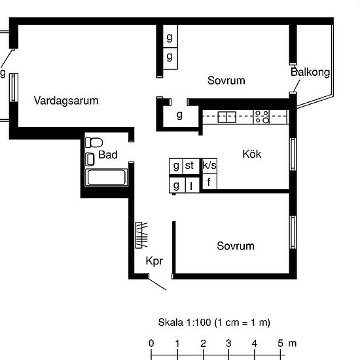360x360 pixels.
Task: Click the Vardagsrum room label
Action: coord(66,101)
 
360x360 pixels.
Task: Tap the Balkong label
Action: coord(310,72)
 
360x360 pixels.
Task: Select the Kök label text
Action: coord(252,154)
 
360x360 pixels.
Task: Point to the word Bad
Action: coord(108,155)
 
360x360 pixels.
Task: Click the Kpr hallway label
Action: coord(154,261)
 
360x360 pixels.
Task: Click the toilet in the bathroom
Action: coord(94,142)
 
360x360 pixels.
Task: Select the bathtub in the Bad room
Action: coord(107,177)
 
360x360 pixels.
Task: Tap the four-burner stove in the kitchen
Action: coord(262,117)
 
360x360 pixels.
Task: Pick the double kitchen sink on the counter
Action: coord(226,117)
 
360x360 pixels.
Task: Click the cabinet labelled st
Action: coord(189,166)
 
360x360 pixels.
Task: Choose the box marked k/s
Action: coord(209,166)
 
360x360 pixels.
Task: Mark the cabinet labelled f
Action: coord(209,182)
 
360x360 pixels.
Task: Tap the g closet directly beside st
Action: coord(176,166)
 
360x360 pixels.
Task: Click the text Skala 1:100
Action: coord(187,323)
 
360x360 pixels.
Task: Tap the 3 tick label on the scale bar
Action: coord(229,343)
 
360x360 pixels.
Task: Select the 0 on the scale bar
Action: coord(151,343)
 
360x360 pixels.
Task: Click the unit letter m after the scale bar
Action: coord(292,343)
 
